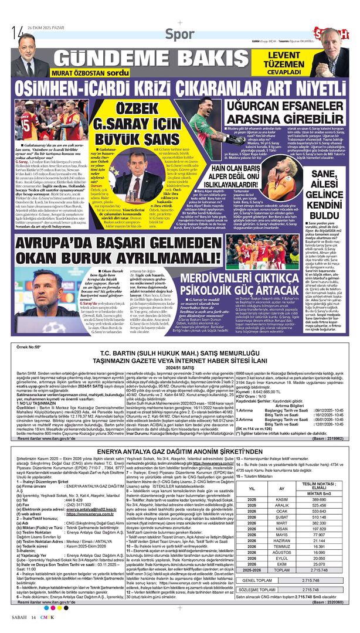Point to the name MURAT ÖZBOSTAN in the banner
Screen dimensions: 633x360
tap(80, 73)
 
